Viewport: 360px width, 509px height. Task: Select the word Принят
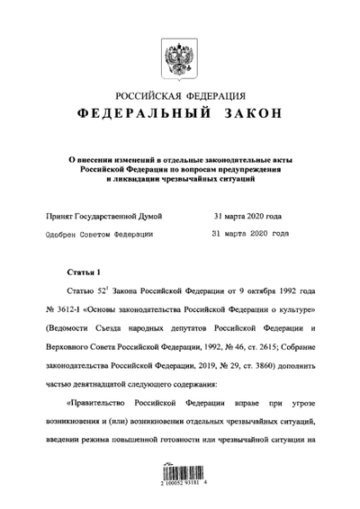58,216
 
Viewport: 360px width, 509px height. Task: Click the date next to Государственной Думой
248,216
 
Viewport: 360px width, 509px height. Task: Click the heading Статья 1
85,270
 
